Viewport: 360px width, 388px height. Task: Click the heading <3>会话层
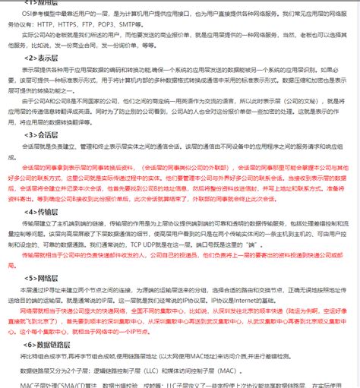(x=43, y=134)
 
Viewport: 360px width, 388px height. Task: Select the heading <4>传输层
(x=43, y=212)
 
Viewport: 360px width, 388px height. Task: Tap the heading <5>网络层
(x=43, y=278)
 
